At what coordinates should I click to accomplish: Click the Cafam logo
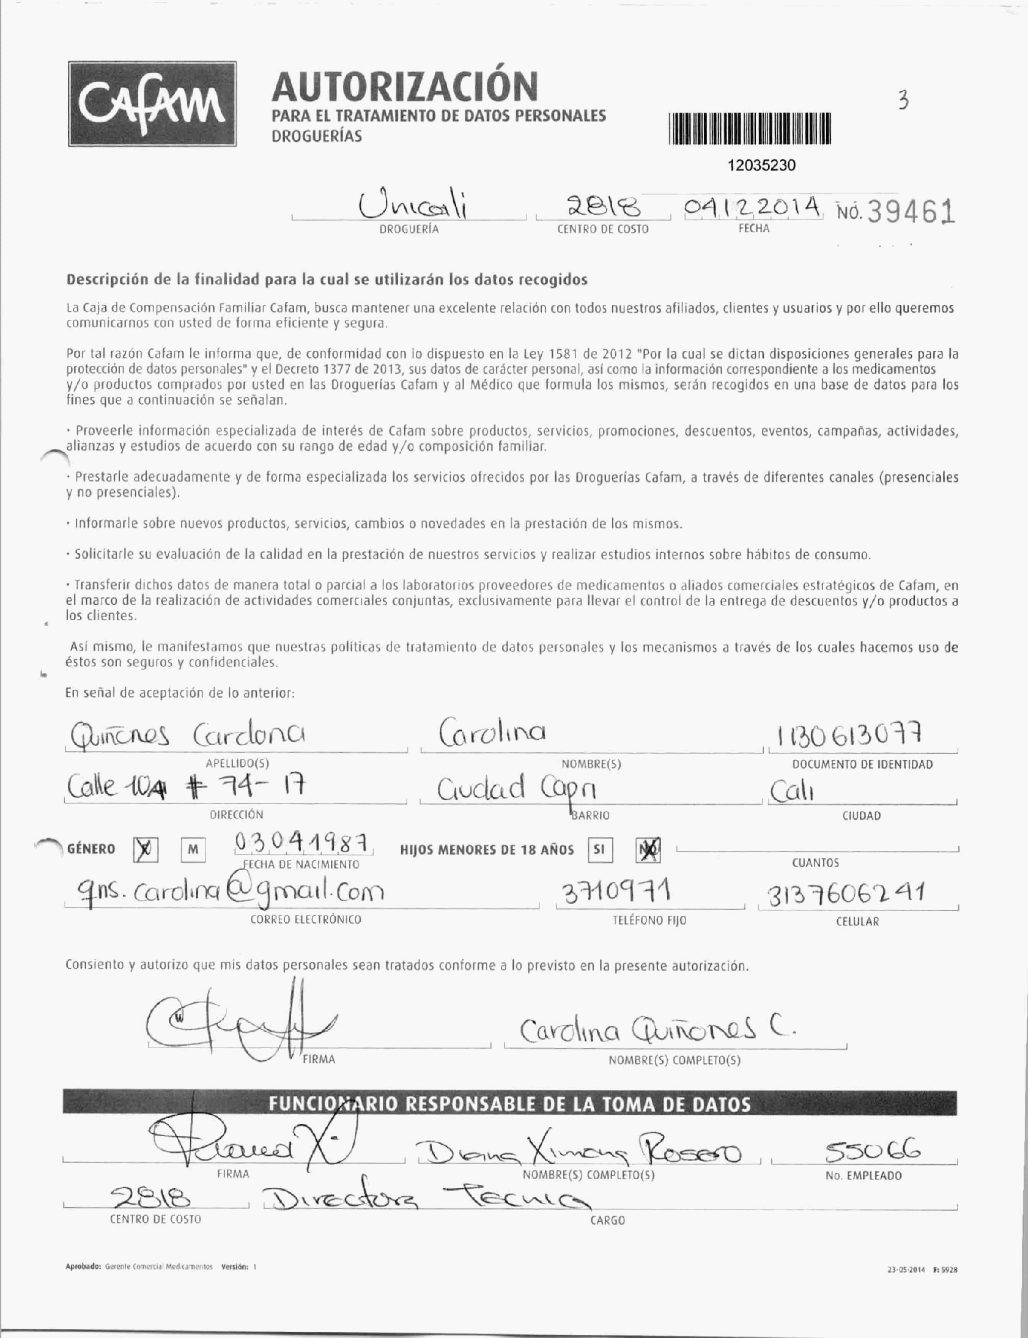point(152,104)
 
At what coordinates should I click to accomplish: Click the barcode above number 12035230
point(750,129)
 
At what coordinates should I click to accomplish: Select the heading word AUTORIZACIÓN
point(404,86)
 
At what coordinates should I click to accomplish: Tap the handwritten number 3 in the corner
point(903,100)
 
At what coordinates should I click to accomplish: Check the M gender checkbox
point(193,851)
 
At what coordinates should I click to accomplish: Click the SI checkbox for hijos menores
point(599,850)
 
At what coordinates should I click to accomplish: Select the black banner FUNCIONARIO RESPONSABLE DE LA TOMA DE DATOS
point(509,1104)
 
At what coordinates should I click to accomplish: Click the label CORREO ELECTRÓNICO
point(305,920)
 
